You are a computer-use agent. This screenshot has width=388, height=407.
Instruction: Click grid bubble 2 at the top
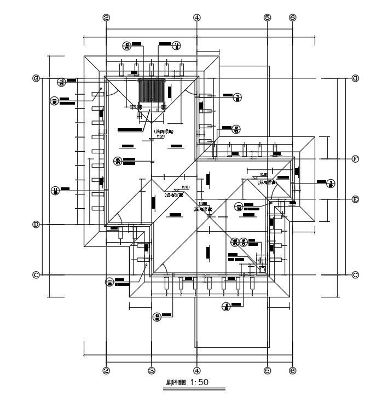pyautogui.click(x=106, y=18)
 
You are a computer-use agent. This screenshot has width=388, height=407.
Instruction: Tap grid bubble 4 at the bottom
pyautogui.click(x=196, y=370)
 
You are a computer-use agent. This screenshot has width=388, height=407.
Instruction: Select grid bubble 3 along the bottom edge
pyautogui.click(x=152, y=370)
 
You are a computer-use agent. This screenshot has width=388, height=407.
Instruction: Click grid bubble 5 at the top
pyautogui.click(x=268, y=18)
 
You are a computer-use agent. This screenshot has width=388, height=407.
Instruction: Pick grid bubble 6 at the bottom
pyautogui.click(x=292, y=370)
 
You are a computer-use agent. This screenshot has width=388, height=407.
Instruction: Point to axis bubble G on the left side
pyautogui.click(x=36, y=78)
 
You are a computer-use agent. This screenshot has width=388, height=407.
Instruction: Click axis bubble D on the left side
pyautogui.click(x=36, y=225)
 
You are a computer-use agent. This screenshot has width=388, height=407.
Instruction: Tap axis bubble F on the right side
pyautogui.click(x=355, y=159)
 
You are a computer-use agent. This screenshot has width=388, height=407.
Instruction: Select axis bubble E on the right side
pyautogui.click(x=355, y=199)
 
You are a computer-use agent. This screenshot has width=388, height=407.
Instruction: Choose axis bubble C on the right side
pyautogui.click(x=355, y=274)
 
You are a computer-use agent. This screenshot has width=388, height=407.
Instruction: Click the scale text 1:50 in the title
pyautogui.click(x=200, y=383)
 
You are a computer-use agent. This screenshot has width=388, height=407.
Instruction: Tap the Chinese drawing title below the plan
pyautogui.click(x=176, y=384)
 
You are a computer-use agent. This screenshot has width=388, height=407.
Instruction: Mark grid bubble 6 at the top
pyautogui.click(x=292, y=18)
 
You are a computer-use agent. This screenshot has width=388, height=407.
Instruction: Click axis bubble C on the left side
pyautogui.click(x=36, y=274)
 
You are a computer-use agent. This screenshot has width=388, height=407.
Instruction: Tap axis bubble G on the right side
pyautogui.click(x=355, y=78)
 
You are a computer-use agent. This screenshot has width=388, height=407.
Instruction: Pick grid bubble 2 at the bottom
pyautogui.click(x=106, y=370)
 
